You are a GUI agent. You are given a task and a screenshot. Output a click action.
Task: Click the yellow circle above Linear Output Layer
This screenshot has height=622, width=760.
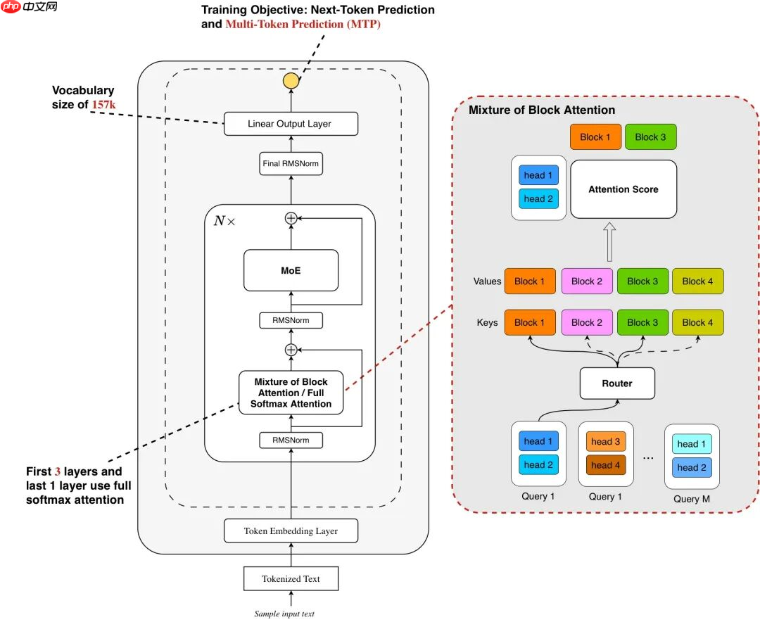(291, 80)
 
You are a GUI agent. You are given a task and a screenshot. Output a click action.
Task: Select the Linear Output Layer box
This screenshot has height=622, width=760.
(291, 124)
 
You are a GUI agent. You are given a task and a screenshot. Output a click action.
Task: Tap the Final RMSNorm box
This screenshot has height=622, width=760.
(291, 163)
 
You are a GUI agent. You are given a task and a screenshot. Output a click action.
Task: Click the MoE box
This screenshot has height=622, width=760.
(291, 270)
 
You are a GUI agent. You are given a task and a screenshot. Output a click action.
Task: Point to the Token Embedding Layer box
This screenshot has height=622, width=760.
(291, 531)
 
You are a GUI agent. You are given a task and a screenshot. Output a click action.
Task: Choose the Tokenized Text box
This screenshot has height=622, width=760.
(291, 578)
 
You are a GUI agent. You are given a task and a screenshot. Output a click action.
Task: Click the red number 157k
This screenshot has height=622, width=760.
(103, 105)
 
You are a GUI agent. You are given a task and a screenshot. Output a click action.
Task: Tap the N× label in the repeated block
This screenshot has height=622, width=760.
(224, 220)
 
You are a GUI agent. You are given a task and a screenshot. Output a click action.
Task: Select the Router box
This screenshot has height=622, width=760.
(616, 383)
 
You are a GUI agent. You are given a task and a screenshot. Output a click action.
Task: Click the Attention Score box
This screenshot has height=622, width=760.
(623, 189)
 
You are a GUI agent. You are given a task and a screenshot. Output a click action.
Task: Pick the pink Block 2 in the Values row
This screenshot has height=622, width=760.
(586, 281)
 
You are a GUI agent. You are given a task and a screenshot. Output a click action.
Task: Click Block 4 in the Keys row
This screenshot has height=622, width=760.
(698, 322)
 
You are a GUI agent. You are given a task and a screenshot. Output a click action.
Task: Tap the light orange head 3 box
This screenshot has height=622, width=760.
(605, 442)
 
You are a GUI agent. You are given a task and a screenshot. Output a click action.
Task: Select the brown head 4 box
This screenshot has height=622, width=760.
(605, 465)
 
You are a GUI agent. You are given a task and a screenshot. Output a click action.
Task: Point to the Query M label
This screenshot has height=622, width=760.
(691, 498)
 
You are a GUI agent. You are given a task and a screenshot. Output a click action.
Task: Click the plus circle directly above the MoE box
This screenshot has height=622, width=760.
(291, 218)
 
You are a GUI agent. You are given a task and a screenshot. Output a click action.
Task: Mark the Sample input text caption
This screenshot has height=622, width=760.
(284, 614)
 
